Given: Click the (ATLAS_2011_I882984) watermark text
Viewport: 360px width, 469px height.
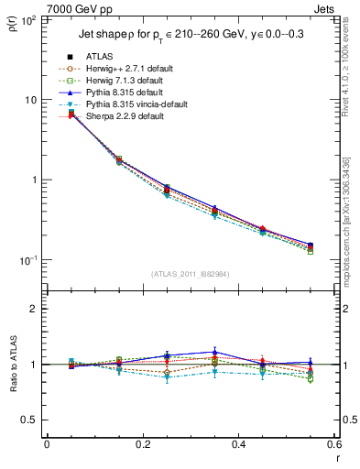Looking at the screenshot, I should click(191, 273).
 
